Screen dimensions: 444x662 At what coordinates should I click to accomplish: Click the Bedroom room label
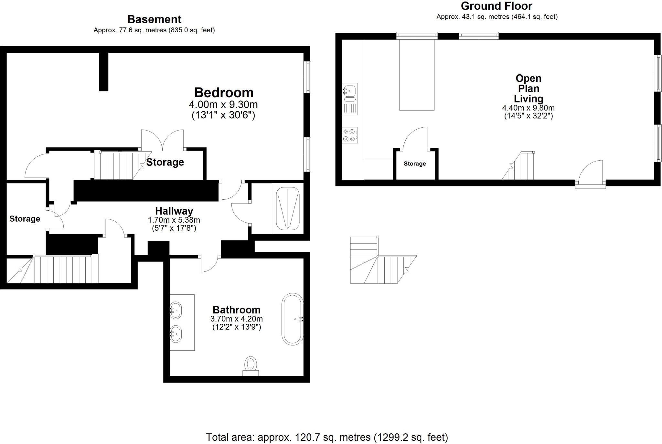[224, 93]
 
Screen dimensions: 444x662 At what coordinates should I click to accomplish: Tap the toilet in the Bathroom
[251, 365]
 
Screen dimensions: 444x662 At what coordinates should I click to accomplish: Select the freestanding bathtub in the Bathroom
[293, 319]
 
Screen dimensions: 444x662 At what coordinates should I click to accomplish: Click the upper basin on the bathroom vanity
[176, 311]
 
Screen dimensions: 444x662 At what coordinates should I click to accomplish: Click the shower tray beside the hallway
[288, 208]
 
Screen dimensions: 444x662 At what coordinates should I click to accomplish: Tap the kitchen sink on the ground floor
[350, 91]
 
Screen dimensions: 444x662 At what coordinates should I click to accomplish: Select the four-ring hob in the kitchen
[350, 135]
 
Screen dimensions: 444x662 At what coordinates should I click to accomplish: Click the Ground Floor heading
[496, 6]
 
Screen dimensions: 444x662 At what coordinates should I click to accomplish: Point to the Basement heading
[154, 19]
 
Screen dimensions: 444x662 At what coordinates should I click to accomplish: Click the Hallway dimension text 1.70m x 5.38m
[174, 220]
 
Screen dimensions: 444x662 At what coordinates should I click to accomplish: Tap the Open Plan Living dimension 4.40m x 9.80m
[528, 108]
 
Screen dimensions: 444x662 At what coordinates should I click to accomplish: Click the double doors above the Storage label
[162, 140]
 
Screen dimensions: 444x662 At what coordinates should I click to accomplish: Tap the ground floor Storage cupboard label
[414, 164]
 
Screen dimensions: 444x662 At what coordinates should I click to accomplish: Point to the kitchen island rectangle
[417, 75]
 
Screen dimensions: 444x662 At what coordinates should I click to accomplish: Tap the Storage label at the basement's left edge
[25, 219]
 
